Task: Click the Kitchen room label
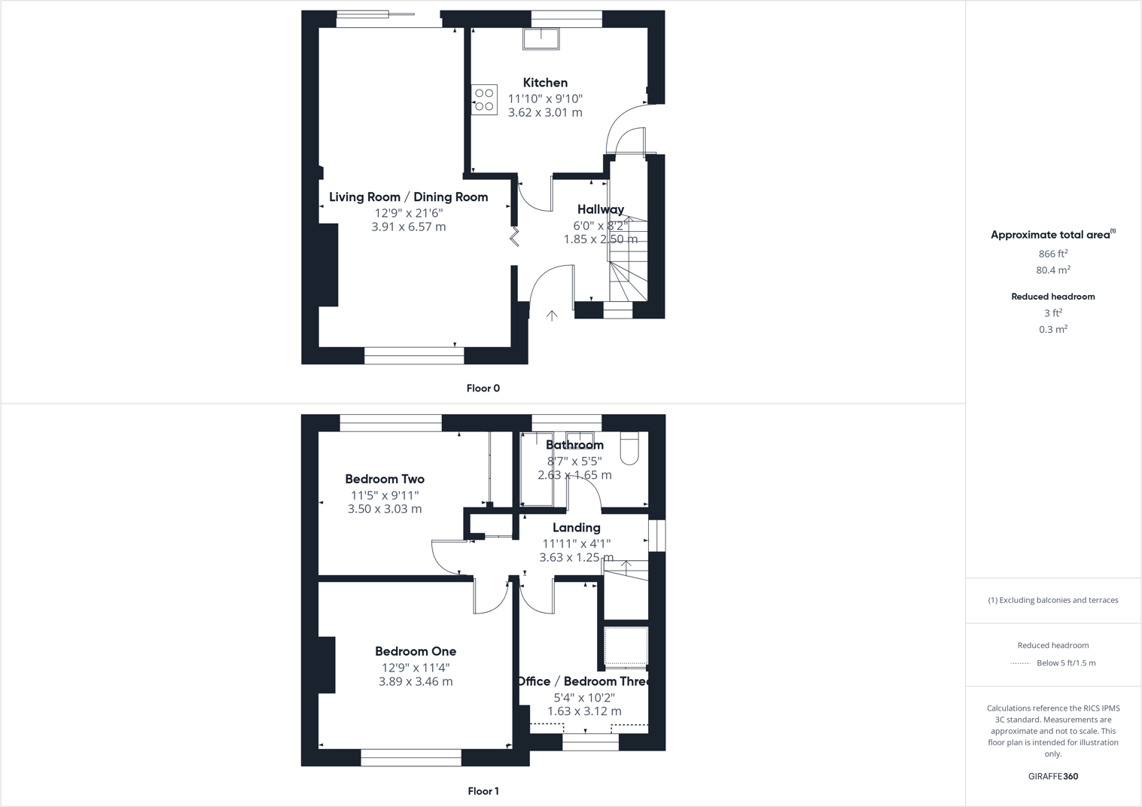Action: tap(545, 83)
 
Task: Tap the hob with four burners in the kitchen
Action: tap(484, 100)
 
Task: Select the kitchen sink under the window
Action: tap(541, 38)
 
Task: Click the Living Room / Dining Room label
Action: tap(408, 197)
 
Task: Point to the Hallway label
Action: tap(601, 209)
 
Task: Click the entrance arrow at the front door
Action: tap(552, 316)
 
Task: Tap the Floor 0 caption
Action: tap(483, 388)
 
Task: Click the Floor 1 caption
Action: tap(483, 791)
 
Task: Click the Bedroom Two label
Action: tap(385, 479)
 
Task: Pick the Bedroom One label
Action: tap(416, 651)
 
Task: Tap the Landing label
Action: tap(576, 528)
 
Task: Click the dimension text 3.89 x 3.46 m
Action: tap(416, 682)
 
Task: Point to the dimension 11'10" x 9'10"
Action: tap(545, 99)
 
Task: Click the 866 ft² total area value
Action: tap(1052, 254)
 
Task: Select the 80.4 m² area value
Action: tap(1052, 270)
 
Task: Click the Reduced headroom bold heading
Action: tap(1052, 297)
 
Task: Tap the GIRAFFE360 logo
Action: tap(1052, 776)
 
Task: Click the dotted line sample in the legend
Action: tap(1020, 663)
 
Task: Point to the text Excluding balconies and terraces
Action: tap(1058, 600)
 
